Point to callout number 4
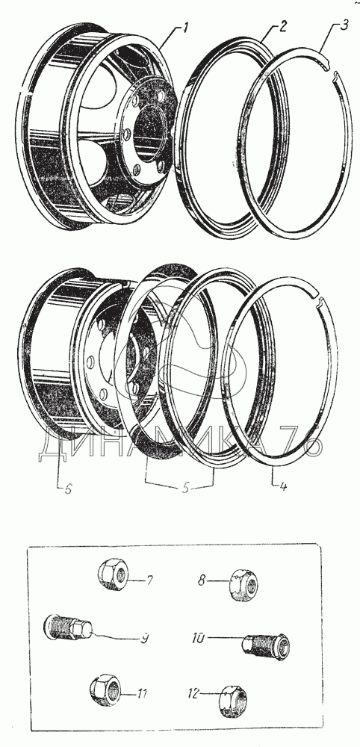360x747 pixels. tap(283, 487)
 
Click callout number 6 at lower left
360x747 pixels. tap(68, 490)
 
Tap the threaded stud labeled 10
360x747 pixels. tap(264, 645)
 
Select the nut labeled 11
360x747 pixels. tap(105, 689)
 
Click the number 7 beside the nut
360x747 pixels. tap(149, 580)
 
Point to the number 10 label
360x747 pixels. tap(199, 637)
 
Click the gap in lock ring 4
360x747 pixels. tap(317, 300)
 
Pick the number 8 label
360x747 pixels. tap(202, 581)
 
